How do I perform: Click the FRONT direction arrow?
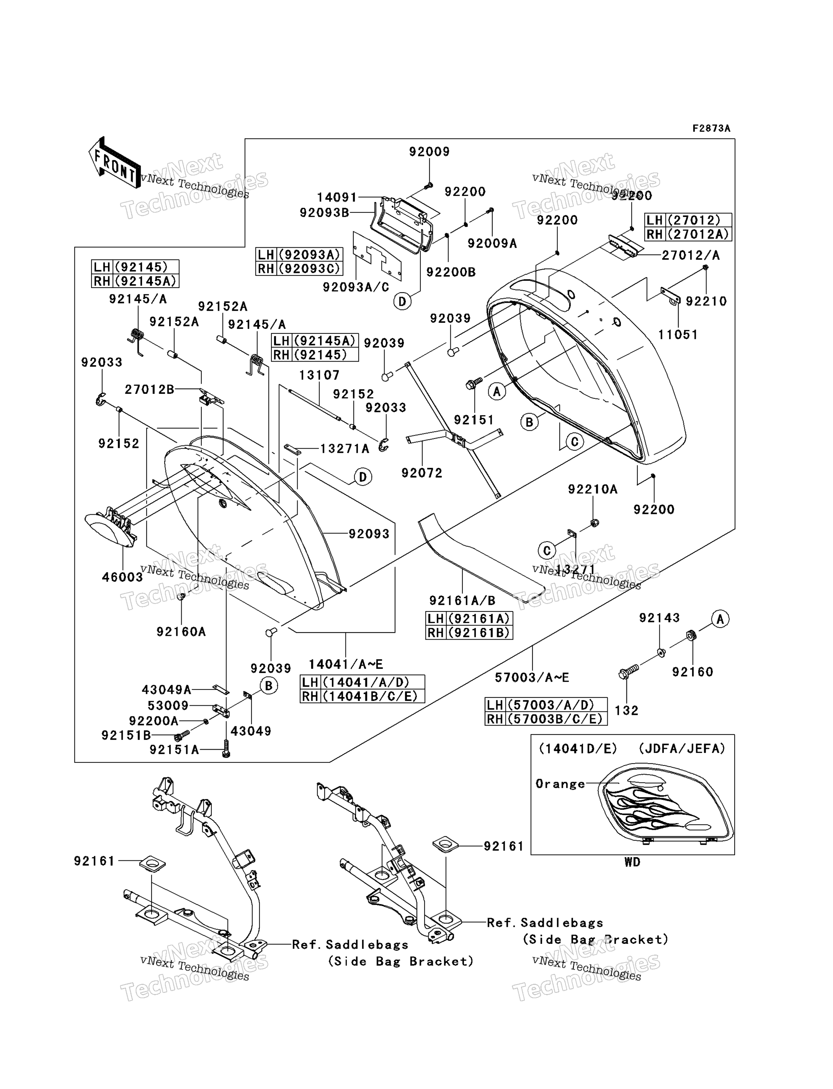coord(114,162)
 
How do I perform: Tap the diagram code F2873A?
coord(711,128)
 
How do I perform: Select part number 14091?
coord(337,197)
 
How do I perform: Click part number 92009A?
coord(493,243)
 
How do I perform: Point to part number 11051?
coord(678,335)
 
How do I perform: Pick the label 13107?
coord(319,375)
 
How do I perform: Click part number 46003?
coord(122,577)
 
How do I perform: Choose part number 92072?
coord(422,473)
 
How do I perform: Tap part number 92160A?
coord(181,632)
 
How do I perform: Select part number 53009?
coord(168,705)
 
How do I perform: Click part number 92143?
coord(659,618)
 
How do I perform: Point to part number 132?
coord(627,710)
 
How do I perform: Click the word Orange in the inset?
coord(560,784)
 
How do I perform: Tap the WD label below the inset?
coord(632,862)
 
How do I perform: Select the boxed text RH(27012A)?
coord(688,234)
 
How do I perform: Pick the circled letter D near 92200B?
coord(402,301)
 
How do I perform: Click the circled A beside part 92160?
coord(721,619)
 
